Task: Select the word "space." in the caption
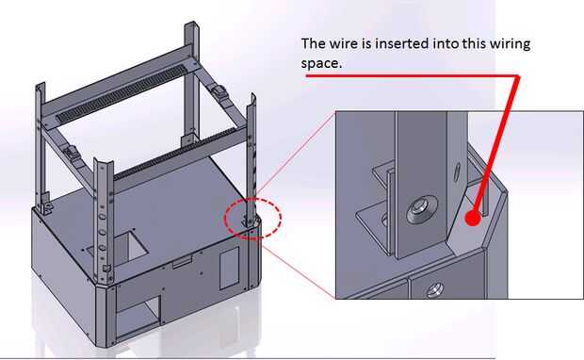click(x=321, y=63)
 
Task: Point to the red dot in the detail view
click(x=473, y=219)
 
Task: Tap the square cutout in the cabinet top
click(x=131, y=244)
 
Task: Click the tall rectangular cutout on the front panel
click(x=229, y=268)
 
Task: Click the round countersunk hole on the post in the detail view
click(x=422, y=210)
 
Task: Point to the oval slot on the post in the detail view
click(x=457, y=172)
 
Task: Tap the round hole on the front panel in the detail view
click(x=434, y=288)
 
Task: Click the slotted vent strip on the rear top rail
click(x=122, y=94)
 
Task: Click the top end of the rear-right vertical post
click(x=191, y=25)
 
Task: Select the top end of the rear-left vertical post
click(x=41, y=86)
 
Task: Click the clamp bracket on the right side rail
click(x=219, y=91)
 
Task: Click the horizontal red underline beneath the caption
click(x=412, y=76)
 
